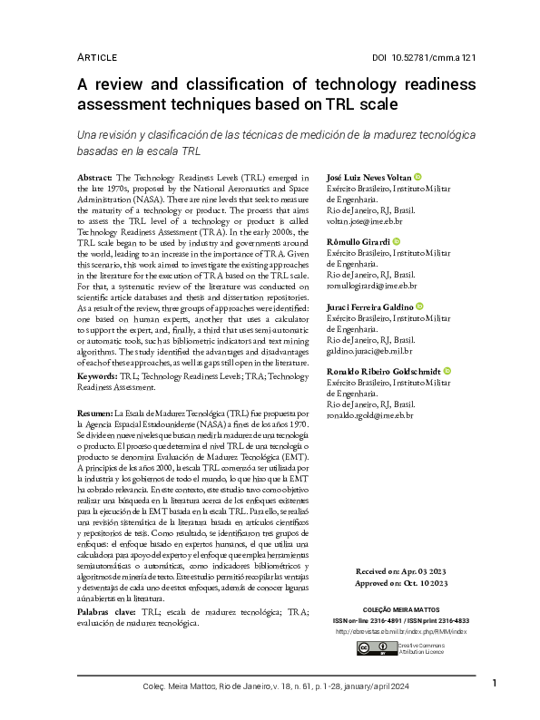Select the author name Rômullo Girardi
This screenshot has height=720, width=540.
pos(358,242)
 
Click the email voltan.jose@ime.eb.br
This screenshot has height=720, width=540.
pos(365,220)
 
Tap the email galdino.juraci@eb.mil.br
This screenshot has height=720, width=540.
pos(369,350)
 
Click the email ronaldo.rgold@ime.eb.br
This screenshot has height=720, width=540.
pos(369,415)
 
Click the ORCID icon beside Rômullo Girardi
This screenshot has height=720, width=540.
pos(398,242)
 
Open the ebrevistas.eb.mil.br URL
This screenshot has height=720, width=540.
pos(400,631)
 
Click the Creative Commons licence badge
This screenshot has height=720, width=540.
pos(366,648)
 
